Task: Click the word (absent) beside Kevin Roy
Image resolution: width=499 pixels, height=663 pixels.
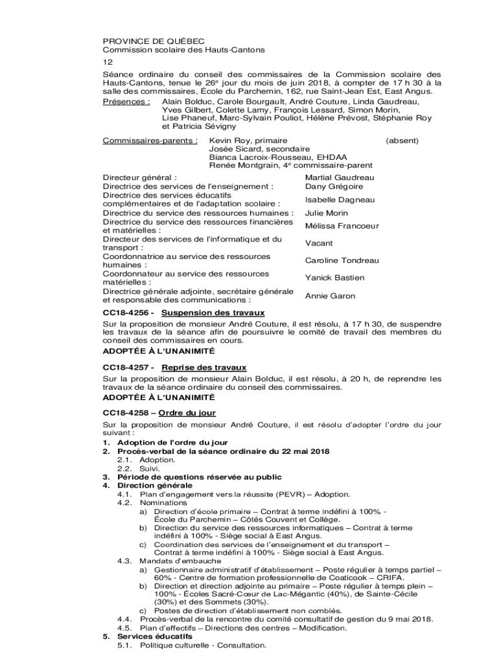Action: point(402,140)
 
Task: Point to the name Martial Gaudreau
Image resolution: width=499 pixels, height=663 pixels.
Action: point(340,177)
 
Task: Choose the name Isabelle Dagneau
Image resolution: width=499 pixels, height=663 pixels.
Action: point(340,199)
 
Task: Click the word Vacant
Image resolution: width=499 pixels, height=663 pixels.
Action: point(319,243)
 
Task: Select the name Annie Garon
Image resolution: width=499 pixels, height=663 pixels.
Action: point(330,296)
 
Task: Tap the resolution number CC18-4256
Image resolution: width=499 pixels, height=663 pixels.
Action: point(126,313)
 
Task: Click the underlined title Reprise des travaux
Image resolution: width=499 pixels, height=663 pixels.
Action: point(203,367)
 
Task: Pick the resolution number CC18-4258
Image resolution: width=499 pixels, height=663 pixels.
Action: point(126,412)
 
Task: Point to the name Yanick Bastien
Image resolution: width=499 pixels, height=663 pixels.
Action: point(334,278)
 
